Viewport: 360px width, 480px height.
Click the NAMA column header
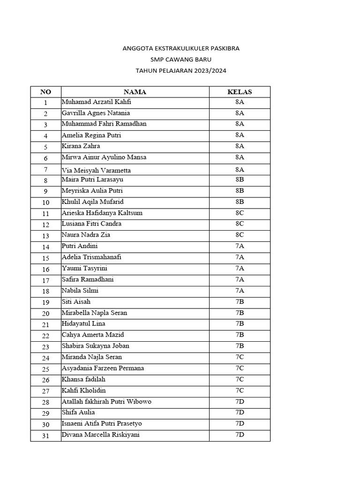(x=135, y=92)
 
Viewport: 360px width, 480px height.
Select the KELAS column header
(x=240, y=92)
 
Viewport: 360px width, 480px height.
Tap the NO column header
(x=45, y=92)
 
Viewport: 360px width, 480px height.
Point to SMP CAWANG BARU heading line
(x=181, y=60)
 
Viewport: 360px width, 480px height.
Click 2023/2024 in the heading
(x=210, y=71)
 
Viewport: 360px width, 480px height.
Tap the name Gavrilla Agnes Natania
(x=96, y=113)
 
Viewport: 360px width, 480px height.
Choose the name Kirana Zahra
(x=81, y=146)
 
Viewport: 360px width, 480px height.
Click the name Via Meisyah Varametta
(x=96, y=170)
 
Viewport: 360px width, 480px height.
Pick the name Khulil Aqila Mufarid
(x=92, y=202)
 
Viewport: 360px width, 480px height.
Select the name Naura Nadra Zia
(x=86, y=235)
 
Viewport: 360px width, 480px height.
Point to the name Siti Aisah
(x=76, y=301)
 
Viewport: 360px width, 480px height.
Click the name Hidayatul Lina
(x=83, y=323)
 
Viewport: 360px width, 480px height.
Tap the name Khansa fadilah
(x=83, y=379)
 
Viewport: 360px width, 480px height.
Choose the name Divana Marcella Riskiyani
(x=100, y=435)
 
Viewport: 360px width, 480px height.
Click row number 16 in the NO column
(x=45, y=269)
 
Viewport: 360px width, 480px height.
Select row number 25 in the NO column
(x=45, y=369)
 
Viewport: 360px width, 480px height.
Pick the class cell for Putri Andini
(x=240, y=246)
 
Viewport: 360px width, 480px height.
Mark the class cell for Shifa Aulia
(x=240, y=412)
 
